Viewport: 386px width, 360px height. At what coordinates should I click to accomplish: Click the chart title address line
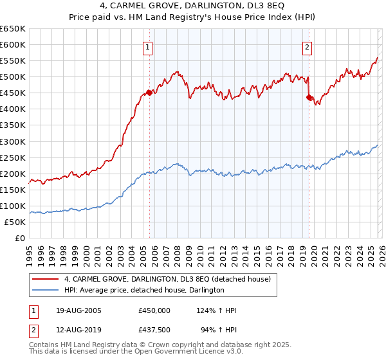pos(193,6)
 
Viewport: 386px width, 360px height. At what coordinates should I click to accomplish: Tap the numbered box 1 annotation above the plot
pos(149,47)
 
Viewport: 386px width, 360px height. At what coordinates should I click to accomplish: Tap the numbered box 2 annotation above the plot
pos(308,47)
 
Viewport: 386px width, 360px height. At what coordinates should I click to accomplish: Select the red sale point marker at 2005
pos(149,93)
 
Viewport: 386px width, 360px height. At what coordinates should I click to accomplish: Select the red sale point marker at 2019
pos(309,97)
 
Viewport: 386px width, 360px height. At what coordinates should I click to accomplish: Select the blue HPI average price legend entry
pos(143,291)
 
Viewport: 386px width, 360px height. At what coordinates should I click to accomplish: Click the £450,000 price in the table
pos(154,310)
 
